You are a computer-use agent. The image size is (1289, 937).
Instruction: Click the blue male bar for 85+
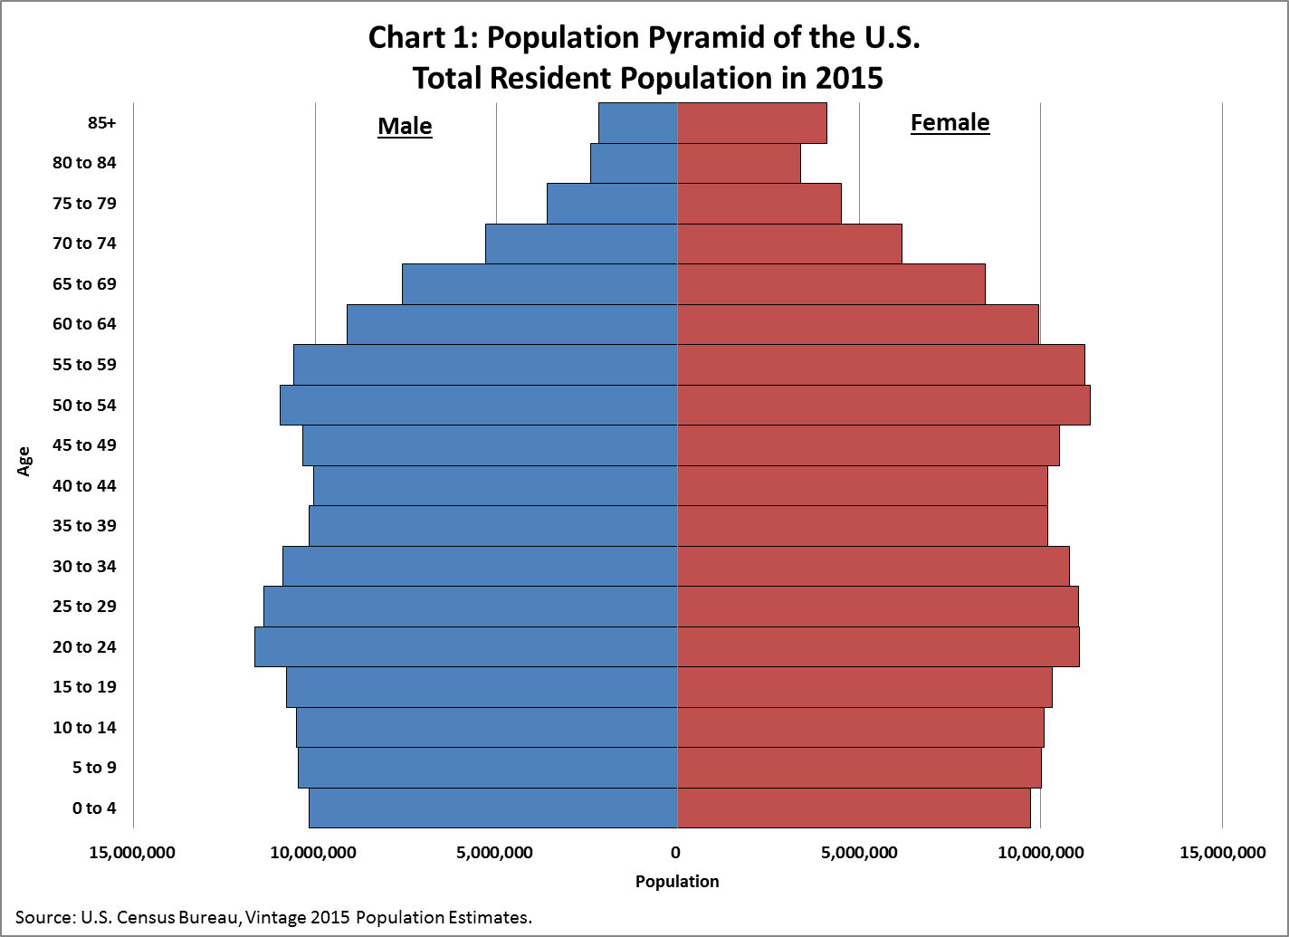tap(638, 123)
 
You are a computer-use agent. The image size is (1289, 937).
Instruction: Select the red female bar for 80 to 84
tap(739, 163)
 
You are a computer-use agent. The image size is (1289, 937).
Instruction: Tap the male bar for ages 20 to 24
tap(466, 646)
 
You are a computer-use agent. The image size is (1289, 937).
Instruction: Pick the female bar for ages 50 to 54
tap(883, 405)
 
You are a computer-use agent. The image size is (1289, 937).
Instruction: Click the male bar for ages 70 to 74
tap(581, 244)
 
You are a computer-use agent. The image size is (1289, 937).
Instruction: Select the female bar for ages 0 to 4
tap(854, 808)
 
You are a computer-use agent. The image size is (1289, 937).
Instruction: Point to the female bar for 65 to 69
tap(831, 284)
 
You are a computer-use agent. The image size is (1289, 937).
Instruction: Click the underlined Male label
tap(405, 126)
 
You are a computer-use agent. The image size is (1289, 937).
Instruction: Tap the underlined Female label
tap(950, 122)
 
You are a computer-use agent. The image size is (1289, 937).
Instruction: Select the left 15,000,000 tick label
tap(133, 852)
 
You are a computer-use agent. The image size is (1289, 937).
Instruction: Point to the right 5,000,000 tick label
tap(859, 852)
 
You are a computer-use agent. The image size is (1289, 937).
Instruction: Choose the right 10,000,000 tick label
tap(1040, 852)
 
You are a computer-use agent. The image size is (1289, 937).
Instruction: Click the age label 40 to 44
tap(84, 486)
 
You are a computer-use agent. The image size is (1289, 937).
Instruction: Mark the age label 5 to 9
tap(94, 768)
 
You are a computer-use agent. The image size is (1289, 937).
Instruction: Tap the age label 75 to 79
tap(84, 204)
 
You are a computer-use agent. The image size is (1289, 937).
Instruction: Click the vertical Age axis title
tap(24, 461)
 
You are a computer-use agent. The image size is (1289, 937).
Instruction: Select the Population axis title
tap(677, 881)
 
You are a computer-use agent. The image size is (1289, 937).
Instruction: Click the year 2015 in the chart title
tap(847, 78)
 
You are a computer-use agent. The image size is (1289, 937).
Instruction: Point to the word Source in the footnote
tap(43, 917)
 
